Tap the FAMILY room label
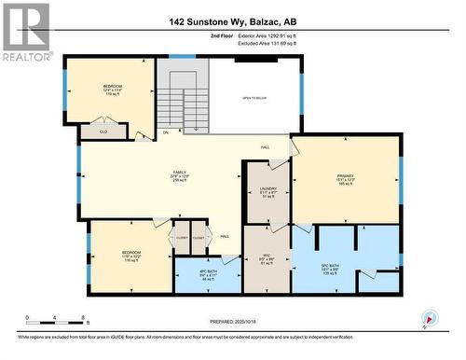(180, 175)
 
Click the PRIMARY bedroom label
(347, 176)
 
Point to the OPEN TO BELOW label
(255, 97)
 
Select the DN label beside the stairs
(166, 132)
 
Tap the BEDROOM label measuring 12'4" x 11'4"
(114, 90)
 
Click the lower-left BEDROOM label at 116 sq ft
(130, 256)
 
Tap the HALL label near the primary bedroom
(265, 146)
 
